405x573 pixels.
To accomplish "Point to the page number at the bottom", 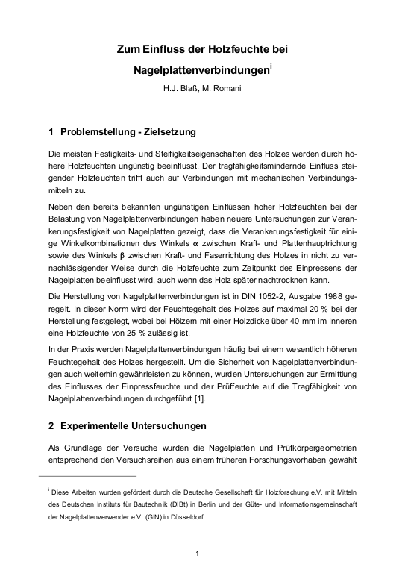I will [196, 554].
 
